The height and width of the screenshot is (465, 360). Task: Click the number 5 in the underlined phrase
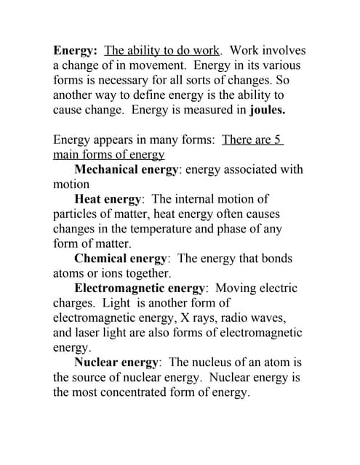(277, 139)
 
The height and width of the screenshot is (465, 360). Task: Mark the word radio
(245, 318)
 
